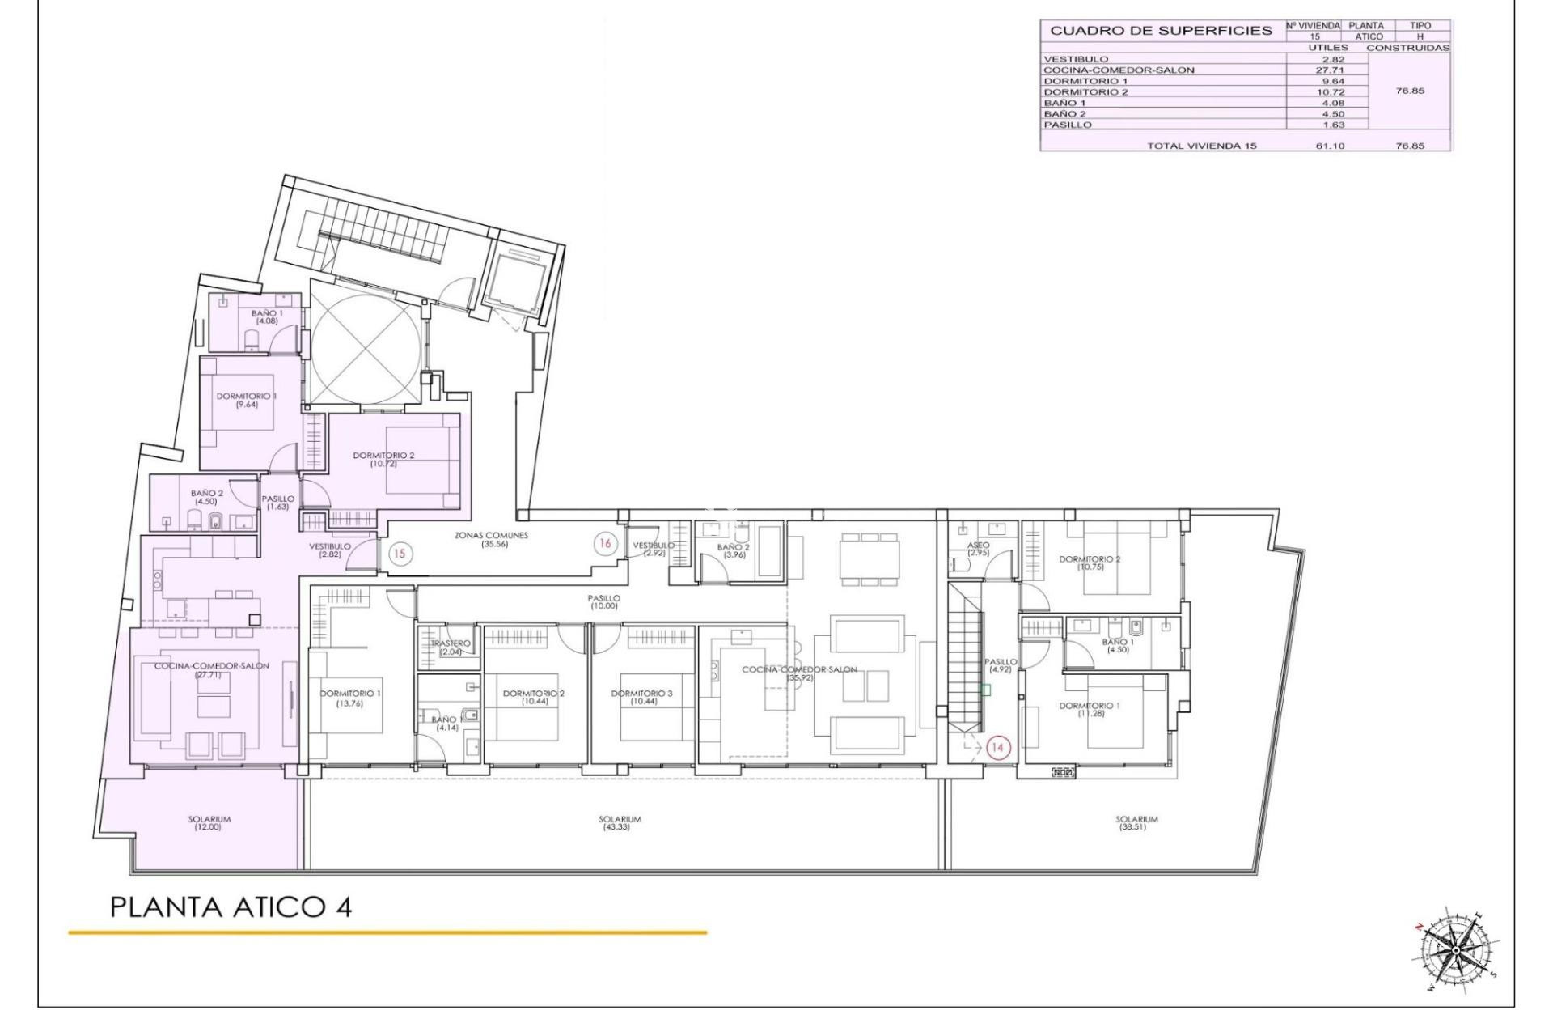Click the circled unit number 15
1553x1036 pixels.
click(400, 554)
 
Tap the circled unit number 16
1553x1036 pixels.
click(604, 544)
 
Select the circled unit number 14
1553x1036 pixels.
click(997, 748)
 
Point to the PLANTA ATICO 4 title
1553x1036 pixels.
click(231, 907)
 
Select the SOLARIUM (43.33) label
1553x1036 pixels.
click(620, 823)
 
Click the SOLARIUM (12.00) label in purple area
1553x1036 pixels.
click(209, 823)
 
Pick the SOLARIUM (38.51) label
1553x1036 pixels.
click(1136, 823)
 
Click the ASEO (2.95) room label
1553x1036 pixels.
click(979, 550)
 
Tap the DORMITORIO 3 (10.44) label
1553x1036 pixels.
click(642, 698)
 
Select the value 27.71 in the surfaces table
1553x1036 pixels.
click(1327, 70)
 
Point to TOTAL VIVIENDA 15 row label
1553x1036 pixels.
click(1201, 146)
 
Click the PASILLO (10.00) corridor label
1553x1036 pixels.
click(604, 602)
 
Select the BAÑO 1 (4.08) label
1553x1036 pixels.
click(267, 317)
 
